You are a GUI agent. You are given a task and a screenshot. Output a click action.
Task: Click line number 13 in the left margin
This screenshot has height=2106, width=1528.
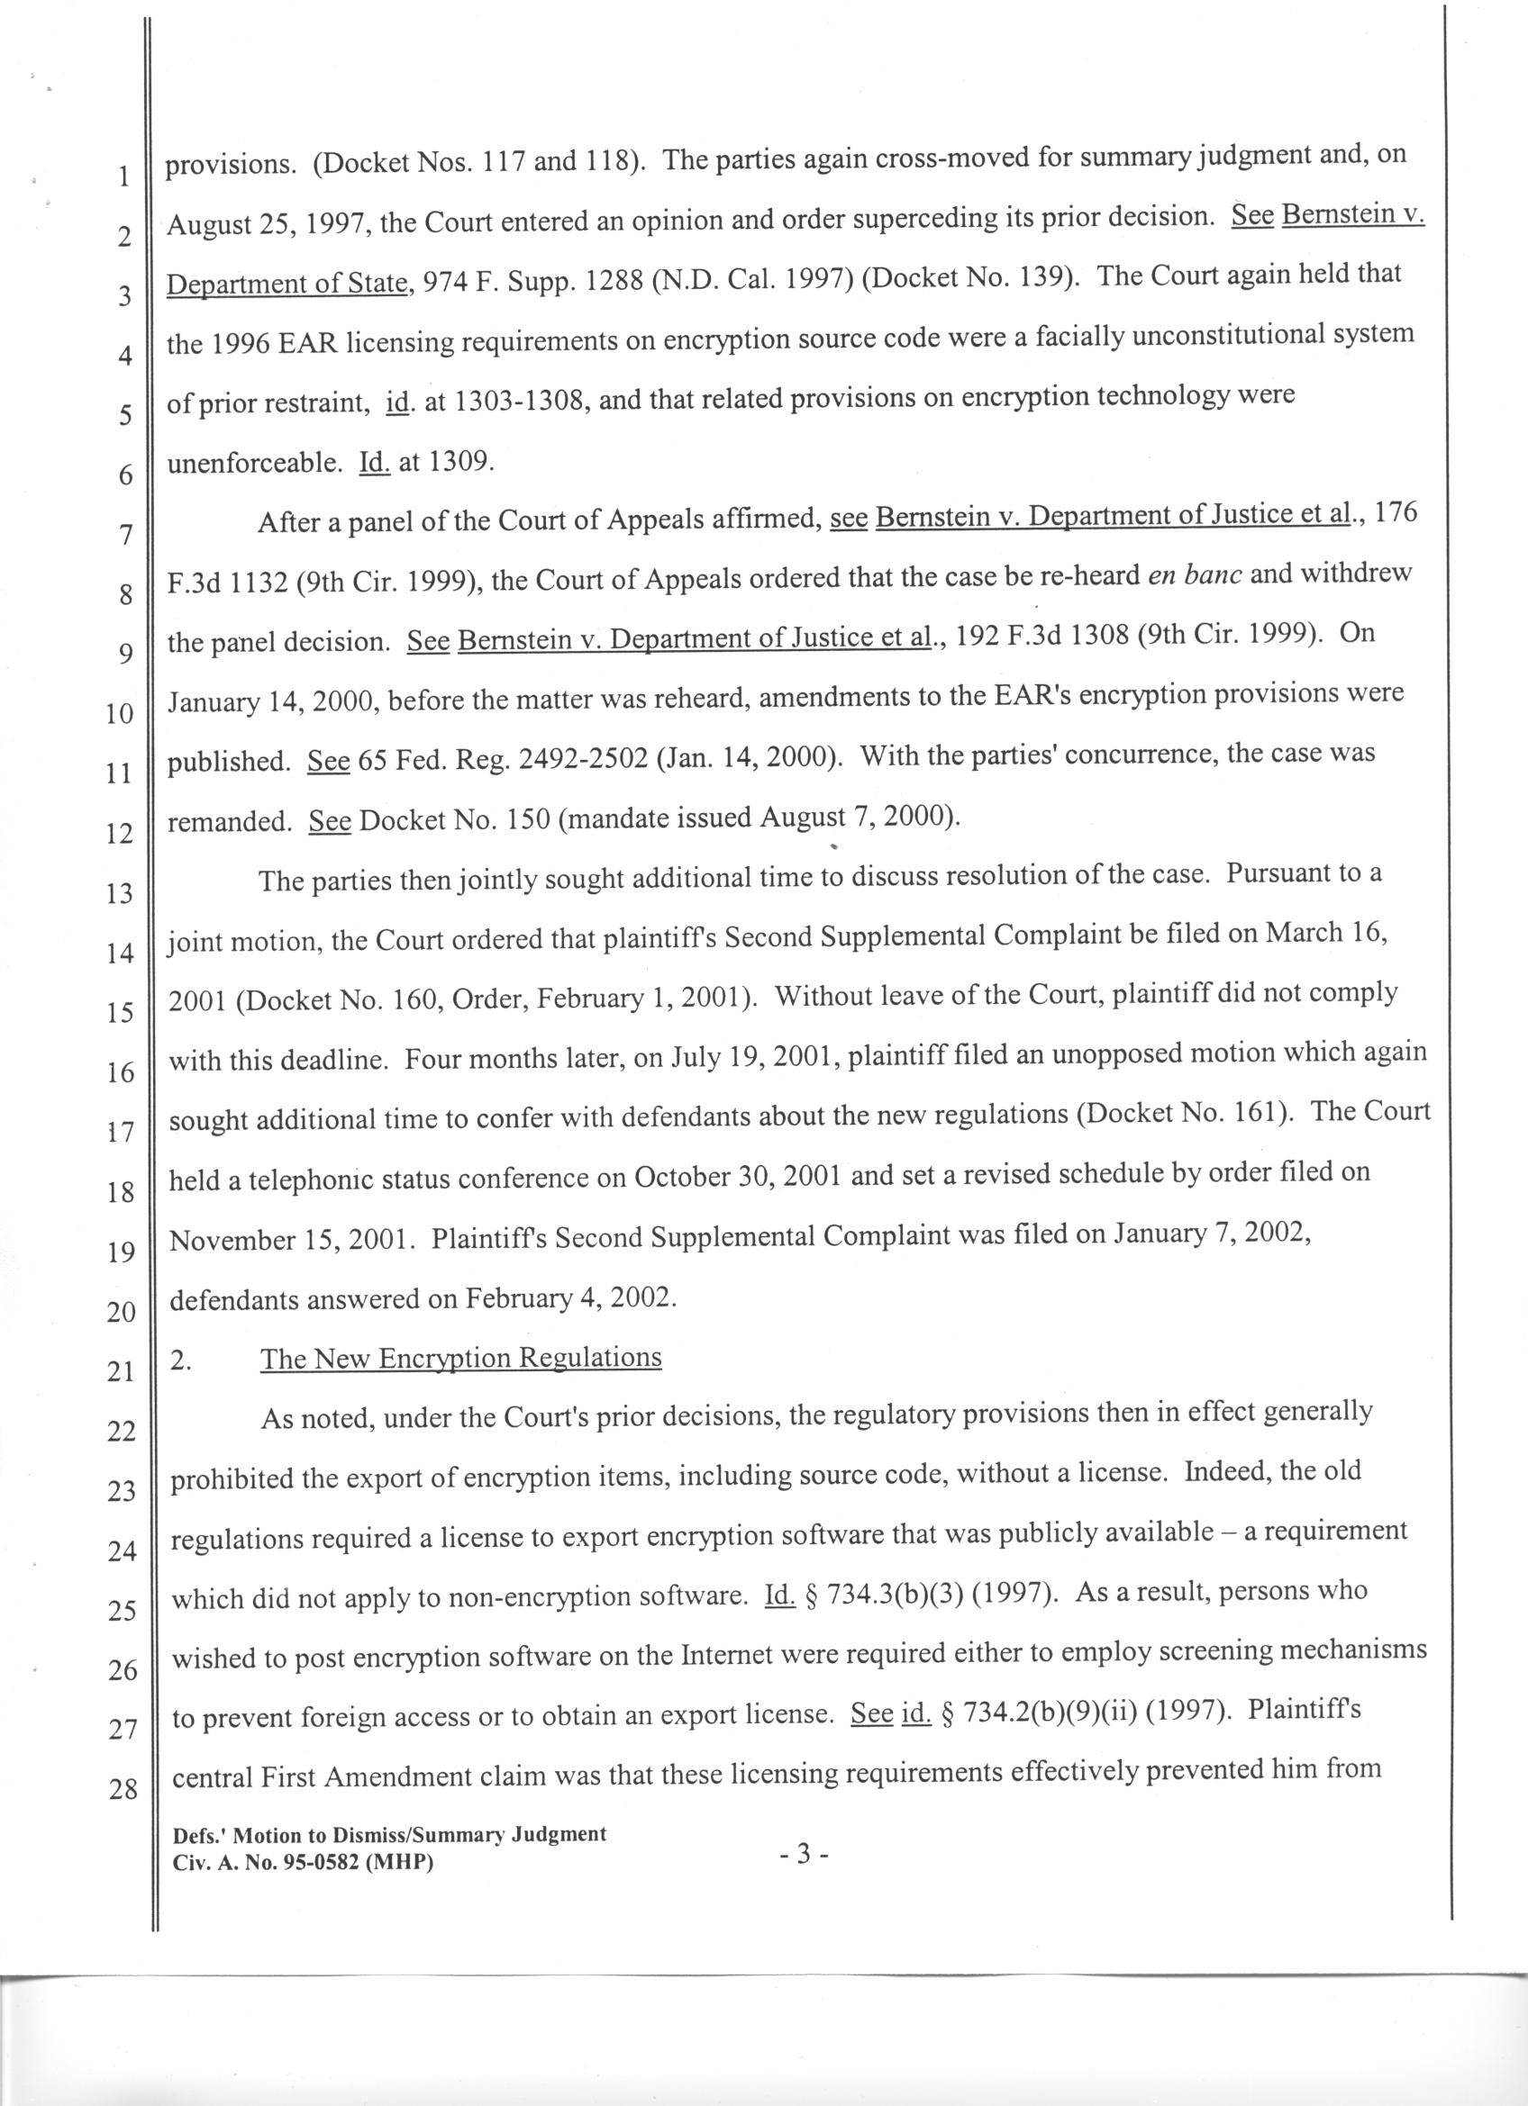coord(120,893)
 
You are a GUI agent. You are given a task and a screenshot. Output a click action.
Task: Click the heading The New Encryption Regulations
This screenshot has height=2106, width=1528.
coord(460,1359)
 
